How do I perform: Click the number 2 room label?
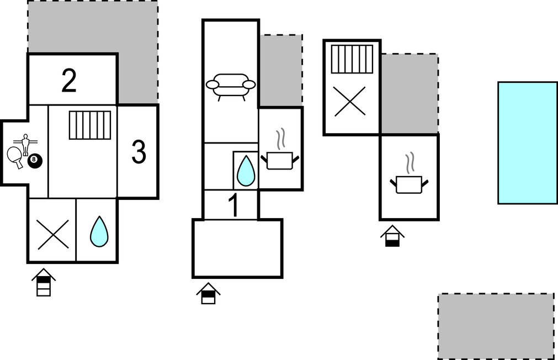coord(69,81)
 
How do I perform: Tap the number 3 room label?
coord(139,152)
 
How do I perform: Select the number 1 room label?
coord(233,205)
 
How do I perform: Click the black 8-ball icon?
coord(35,161)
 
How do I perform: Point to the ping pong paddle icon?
coord(15,156)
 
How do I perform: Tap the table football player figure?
coord(25,144)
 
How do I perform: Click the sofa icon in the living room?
coord(231,87)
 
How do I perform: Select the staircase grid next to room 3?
coord(89,125)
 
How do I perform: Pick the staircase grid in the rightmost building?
coord(352,59)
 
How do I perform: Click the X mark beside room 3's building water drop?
coord(53,234)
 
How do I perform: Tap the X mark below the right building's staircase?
coord(350,101)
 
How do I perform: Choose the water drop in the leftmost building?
coord(99,231)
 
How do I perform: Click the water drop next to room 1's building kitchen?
coord(246,171)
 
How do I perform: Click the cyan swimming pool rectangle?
coord(528,143)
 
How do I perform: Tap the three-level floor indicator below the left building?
coord(44,282)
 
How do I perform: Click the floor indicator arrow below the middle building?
coord(208,293)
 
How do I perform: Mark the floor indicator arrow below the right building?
coord(392,236)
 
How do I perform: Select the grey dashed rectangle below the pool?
coord(496,326)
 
